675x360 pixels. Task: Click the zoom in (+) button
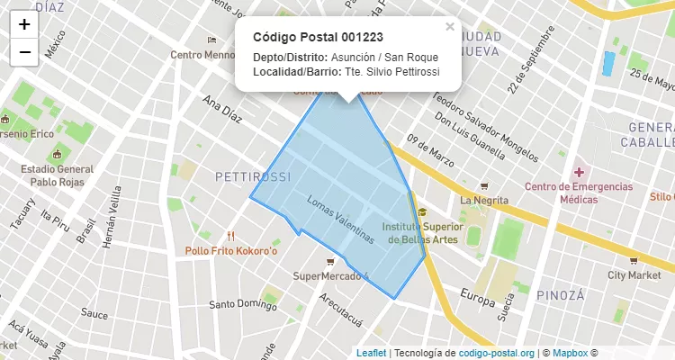[23, 24]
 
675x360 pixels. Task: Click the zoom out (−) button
[23, 52]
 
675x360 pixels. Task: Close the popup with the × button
[450, 27]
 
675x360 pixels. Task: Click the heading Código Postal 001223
[318, 37]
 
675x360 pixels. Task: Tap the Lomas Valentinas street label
[340, 220]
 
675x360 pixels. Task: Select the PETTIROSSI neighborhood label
[253, 175]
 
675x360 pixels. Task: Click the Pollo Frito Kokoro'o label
[232, 250]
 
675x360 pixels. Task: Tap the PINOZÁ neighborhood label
[561, 294]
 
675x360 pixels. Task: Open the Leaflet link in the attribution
[371, 353]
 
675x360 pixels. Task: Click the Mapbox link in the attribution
[571, 353]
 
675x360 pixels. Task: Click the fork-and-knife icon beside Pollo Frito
[231, 237]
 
